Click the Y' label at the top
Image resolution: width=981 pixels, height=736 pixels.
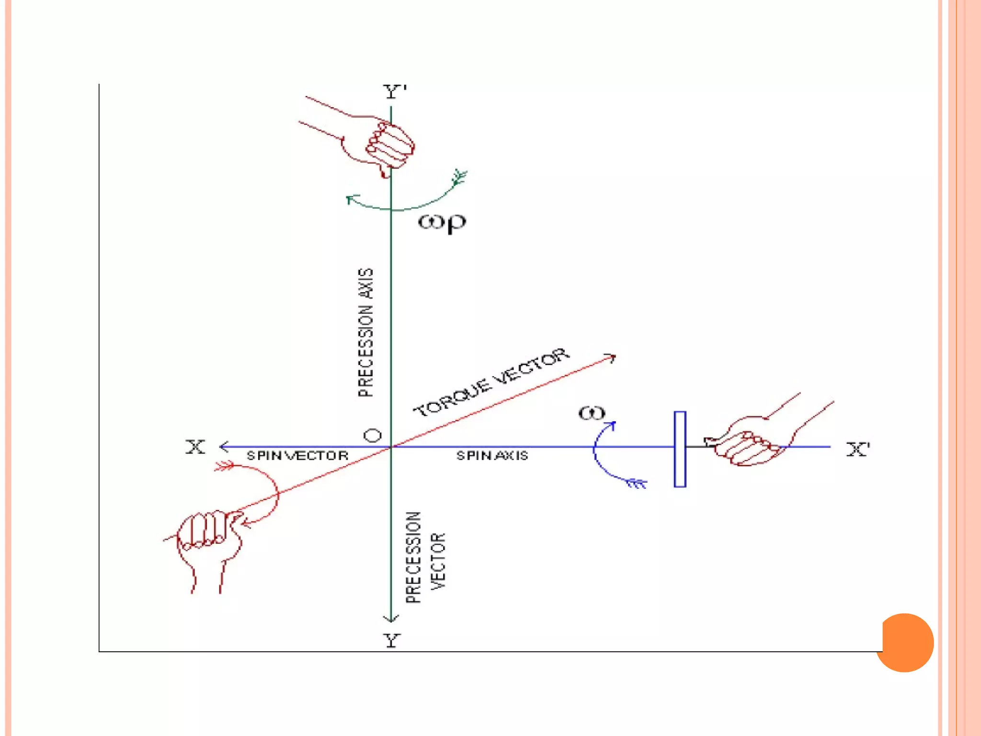395,92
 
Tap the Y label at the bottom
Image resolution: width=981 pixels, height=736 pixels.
392,640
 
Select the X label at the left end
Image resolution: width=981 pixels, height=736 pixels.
195,447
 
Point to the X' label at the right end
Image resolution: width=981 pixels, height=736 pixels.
858,449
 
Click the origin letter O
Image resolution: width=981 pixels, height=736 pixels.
373,436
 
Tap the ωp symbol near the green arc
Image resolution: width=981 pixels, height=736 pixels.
442,223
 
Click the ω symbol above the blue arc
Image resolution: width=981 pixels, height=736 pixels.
592,413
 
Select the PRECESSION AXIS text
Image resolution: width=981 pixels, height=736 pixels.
365,333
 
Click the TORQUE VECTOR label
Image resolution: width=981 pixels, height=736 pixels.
491,382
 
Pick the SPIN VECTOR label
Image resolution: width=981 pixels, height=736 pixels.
297,456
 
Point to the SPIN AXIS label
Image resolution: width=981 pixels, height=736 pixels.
492,456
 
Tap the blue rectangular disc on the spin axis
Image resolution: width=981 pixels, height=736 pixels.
680,449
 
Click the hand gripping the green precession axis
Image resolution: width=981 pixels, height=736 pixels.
383,144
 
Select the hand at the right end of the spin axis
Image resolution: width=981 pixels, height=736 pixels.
752,441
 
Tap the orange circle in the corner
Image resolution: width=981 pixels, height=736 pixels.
905,643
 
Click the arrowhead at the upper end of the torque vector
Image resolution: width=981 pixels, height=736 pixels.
612,357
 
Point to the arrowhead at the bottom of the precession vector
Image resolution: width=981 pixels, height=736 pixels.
391,619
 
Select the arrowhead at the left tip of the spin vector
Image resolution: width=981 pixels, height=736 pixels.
223,447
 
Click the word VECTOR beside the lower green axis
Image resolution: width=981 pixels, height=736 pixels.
438,561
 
